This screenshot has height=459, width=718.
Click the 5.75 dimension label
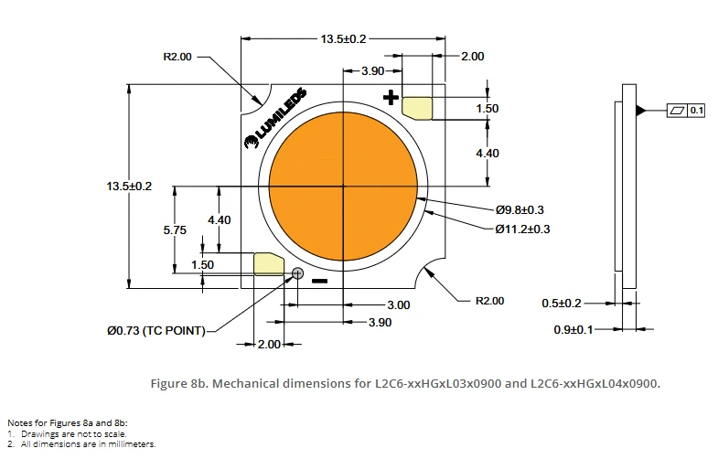[175, 229]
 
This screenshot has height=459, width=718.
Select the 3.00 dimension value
[399, 304]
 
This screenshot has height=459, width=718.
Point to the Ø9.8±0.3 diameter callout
[520, 209]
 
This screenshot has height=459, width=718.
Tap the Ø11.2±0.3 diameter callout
[522, 229]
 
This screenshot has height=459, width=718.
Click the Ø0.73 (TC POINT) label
[156, 330]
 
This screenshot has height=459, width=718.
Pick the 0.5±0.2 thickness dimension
[562, 303]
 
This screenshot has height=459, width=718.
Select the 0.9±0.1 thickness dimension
[573, 329]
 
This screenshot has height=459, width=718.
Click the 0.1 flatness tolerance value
[696, 111]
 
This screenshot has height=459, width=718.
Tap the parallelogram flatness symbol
[677, 111]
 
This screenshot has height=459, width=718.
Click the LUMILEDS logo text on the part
[275, 118]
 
